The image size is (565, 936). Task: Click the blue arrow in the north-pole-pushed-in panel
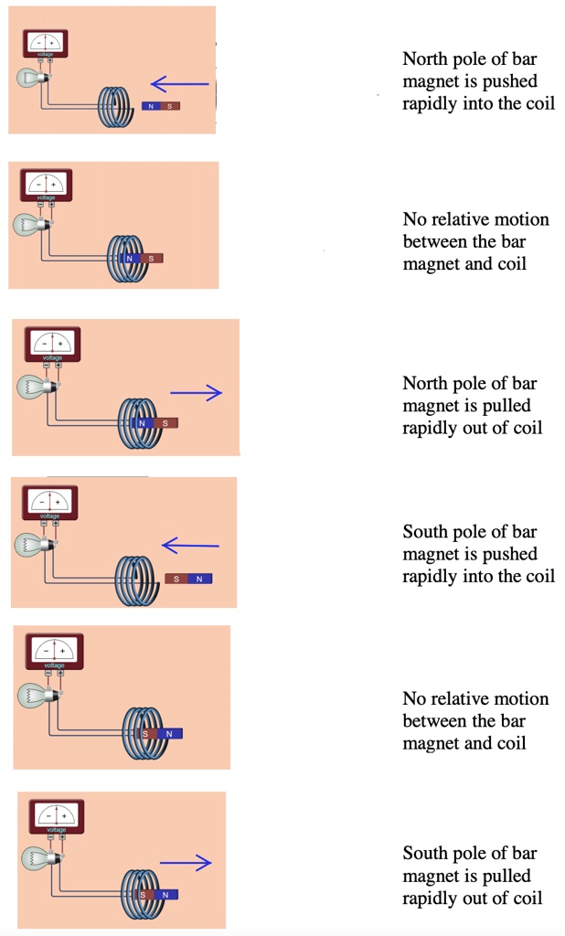coord(180,85)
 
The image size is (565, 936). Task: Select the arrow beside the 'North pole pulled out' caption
coord(196,393)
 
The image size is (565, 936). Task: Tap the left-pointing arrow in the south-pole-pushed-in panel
coord(190,546)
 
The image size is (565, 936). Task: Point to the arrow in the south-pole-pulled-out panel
coord(186,862)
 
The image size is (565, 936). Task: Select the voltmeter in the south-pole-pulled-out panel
coord(58,814)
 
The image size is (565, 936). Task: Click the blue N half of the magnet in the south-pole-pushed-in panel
coord(199,579)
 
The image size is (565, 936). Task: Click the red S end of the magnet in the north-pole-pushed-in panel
coord(170,106)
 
